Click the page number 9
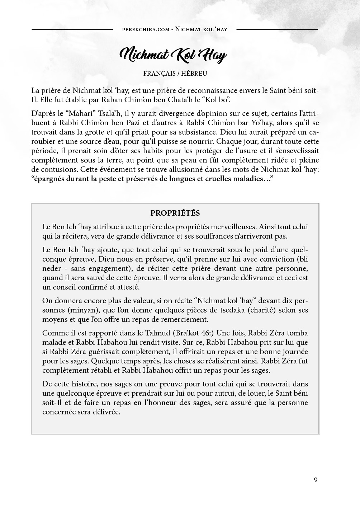click(x=316, y=480)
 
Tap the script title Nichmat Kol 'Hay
click(x=173, y=55)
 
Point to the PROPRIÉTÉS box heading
click(x=175, y=213)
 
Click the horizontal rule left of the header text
click(x=72, y=29)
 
